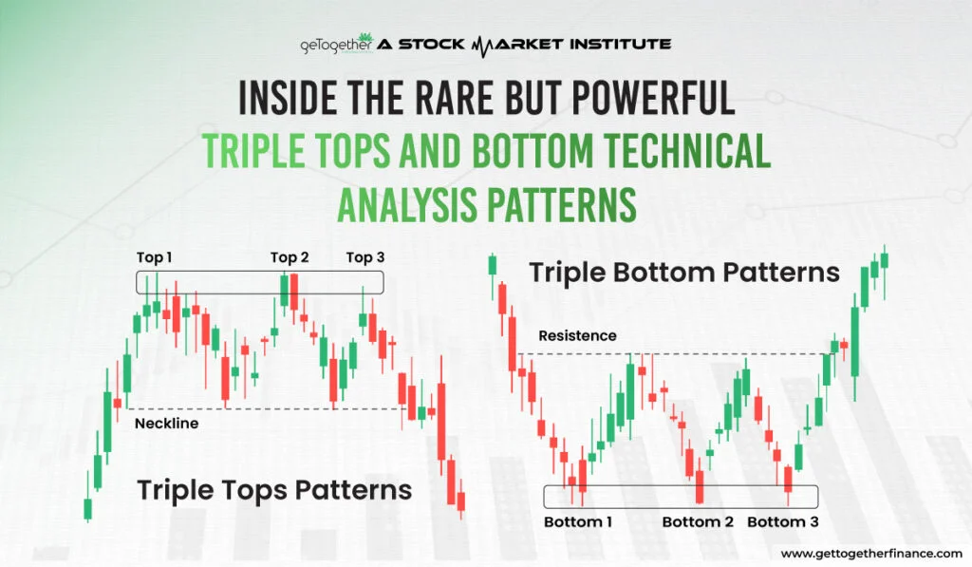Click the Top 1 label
click(155, 257)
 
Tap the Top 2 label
click(290, 257)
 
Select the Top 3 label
click(364, 257)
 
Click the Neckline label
click(166, 424)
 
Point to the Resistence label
click(577, 336)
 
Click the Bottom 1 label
click(578, 521)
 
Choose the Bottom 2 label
click(698, 521)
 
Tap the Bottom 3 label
click(783, 521)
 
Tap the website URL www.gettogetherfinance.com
click(870, 553)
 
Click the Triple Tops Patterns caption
click(274, 490)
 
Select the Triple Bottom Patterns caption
click(683, 273)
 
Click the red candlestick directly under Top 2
click(294, 293)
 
